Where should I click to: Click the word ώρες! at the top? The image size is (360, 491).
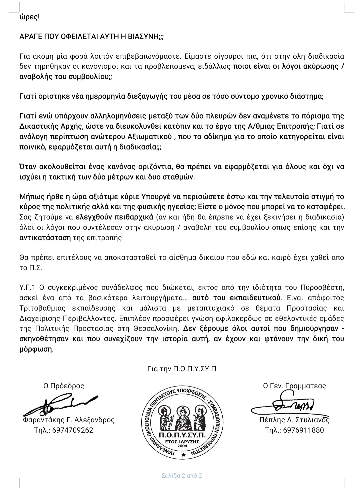click(29, 17)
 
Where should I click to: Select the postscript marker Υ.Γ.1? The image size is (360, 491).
click(28, 287)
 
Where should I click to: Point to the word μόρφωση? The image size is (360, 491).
click(36, 349)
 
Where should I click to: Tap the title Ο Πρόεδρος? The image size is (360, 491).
click(64, 386)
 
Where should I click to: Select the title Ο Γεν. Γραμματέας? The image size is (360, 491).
click(294, 386)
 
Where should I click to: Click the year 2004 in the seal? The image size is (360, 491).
click(182, 445)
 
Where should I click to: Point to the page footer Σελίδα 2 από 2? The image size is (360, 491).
click(182, 475)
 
